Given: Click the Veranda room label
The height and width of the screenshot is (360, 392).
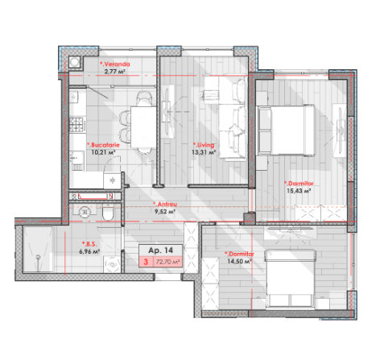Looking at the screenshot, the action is [x=115, y=64].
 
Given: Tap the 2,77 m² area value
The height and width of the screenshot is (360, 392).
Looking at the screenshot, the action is [x=115, y=72].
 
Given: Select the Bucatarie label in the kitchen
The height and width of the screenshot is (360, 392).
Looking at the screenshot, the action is [x=103, y=145].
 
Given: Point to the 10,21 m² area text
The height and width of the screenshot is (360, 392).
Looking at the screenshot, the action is [x=103, y=152].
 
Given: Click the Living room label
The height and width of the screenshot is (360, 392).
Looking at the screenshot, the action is [x=204, y=145].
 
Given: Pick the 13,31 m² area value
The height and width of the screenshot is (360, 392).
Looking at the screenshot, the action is [x=204, y=152].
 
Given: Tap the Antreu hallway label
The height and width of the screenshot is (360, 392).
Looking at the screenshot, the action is [x=165, y=205].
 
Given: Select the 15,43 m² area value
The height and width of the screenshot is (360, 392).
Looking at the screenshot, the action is [x=299, y=191].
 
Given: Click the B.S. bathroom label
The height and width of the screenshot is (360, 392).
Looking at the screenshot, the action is [x=89, y=244].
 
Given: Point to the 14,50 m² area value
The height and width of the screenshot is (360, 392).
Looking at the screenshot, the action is [x=239, y=261].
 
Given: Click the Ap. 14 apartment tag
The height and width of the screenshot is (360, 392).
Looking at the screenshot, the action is [x=161, y=250].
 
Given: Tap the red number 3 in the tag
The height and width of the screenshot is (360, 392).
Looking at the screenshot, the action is [x=146, y=262].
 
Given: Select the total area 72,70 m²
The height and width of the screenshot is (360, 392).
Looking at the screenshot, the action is [x=167, y=262].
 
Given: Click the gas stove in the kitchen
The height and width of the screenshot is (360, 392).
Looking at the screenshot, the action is [x=77, y=125].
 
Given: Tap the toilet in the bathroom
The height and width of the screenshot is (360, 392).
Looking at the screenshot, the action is [x=108, y=212].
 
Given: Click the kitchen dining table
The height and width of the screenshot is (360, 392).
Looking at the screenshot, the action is [x=143, y=127].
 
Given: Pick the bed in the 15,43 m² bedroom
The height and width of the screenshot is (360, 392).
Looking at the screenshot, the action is [x=287, y=130].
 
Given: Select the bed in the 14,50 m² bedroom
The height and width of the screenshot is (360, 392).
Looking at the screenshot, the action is [x=290, y=279].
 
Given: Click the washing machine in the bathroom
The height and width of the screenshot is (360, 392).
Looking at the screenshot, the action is [x=112, y=264].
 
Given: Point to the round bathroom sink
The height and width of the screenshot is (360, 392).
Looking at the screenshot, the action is [x=85, y=212].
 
